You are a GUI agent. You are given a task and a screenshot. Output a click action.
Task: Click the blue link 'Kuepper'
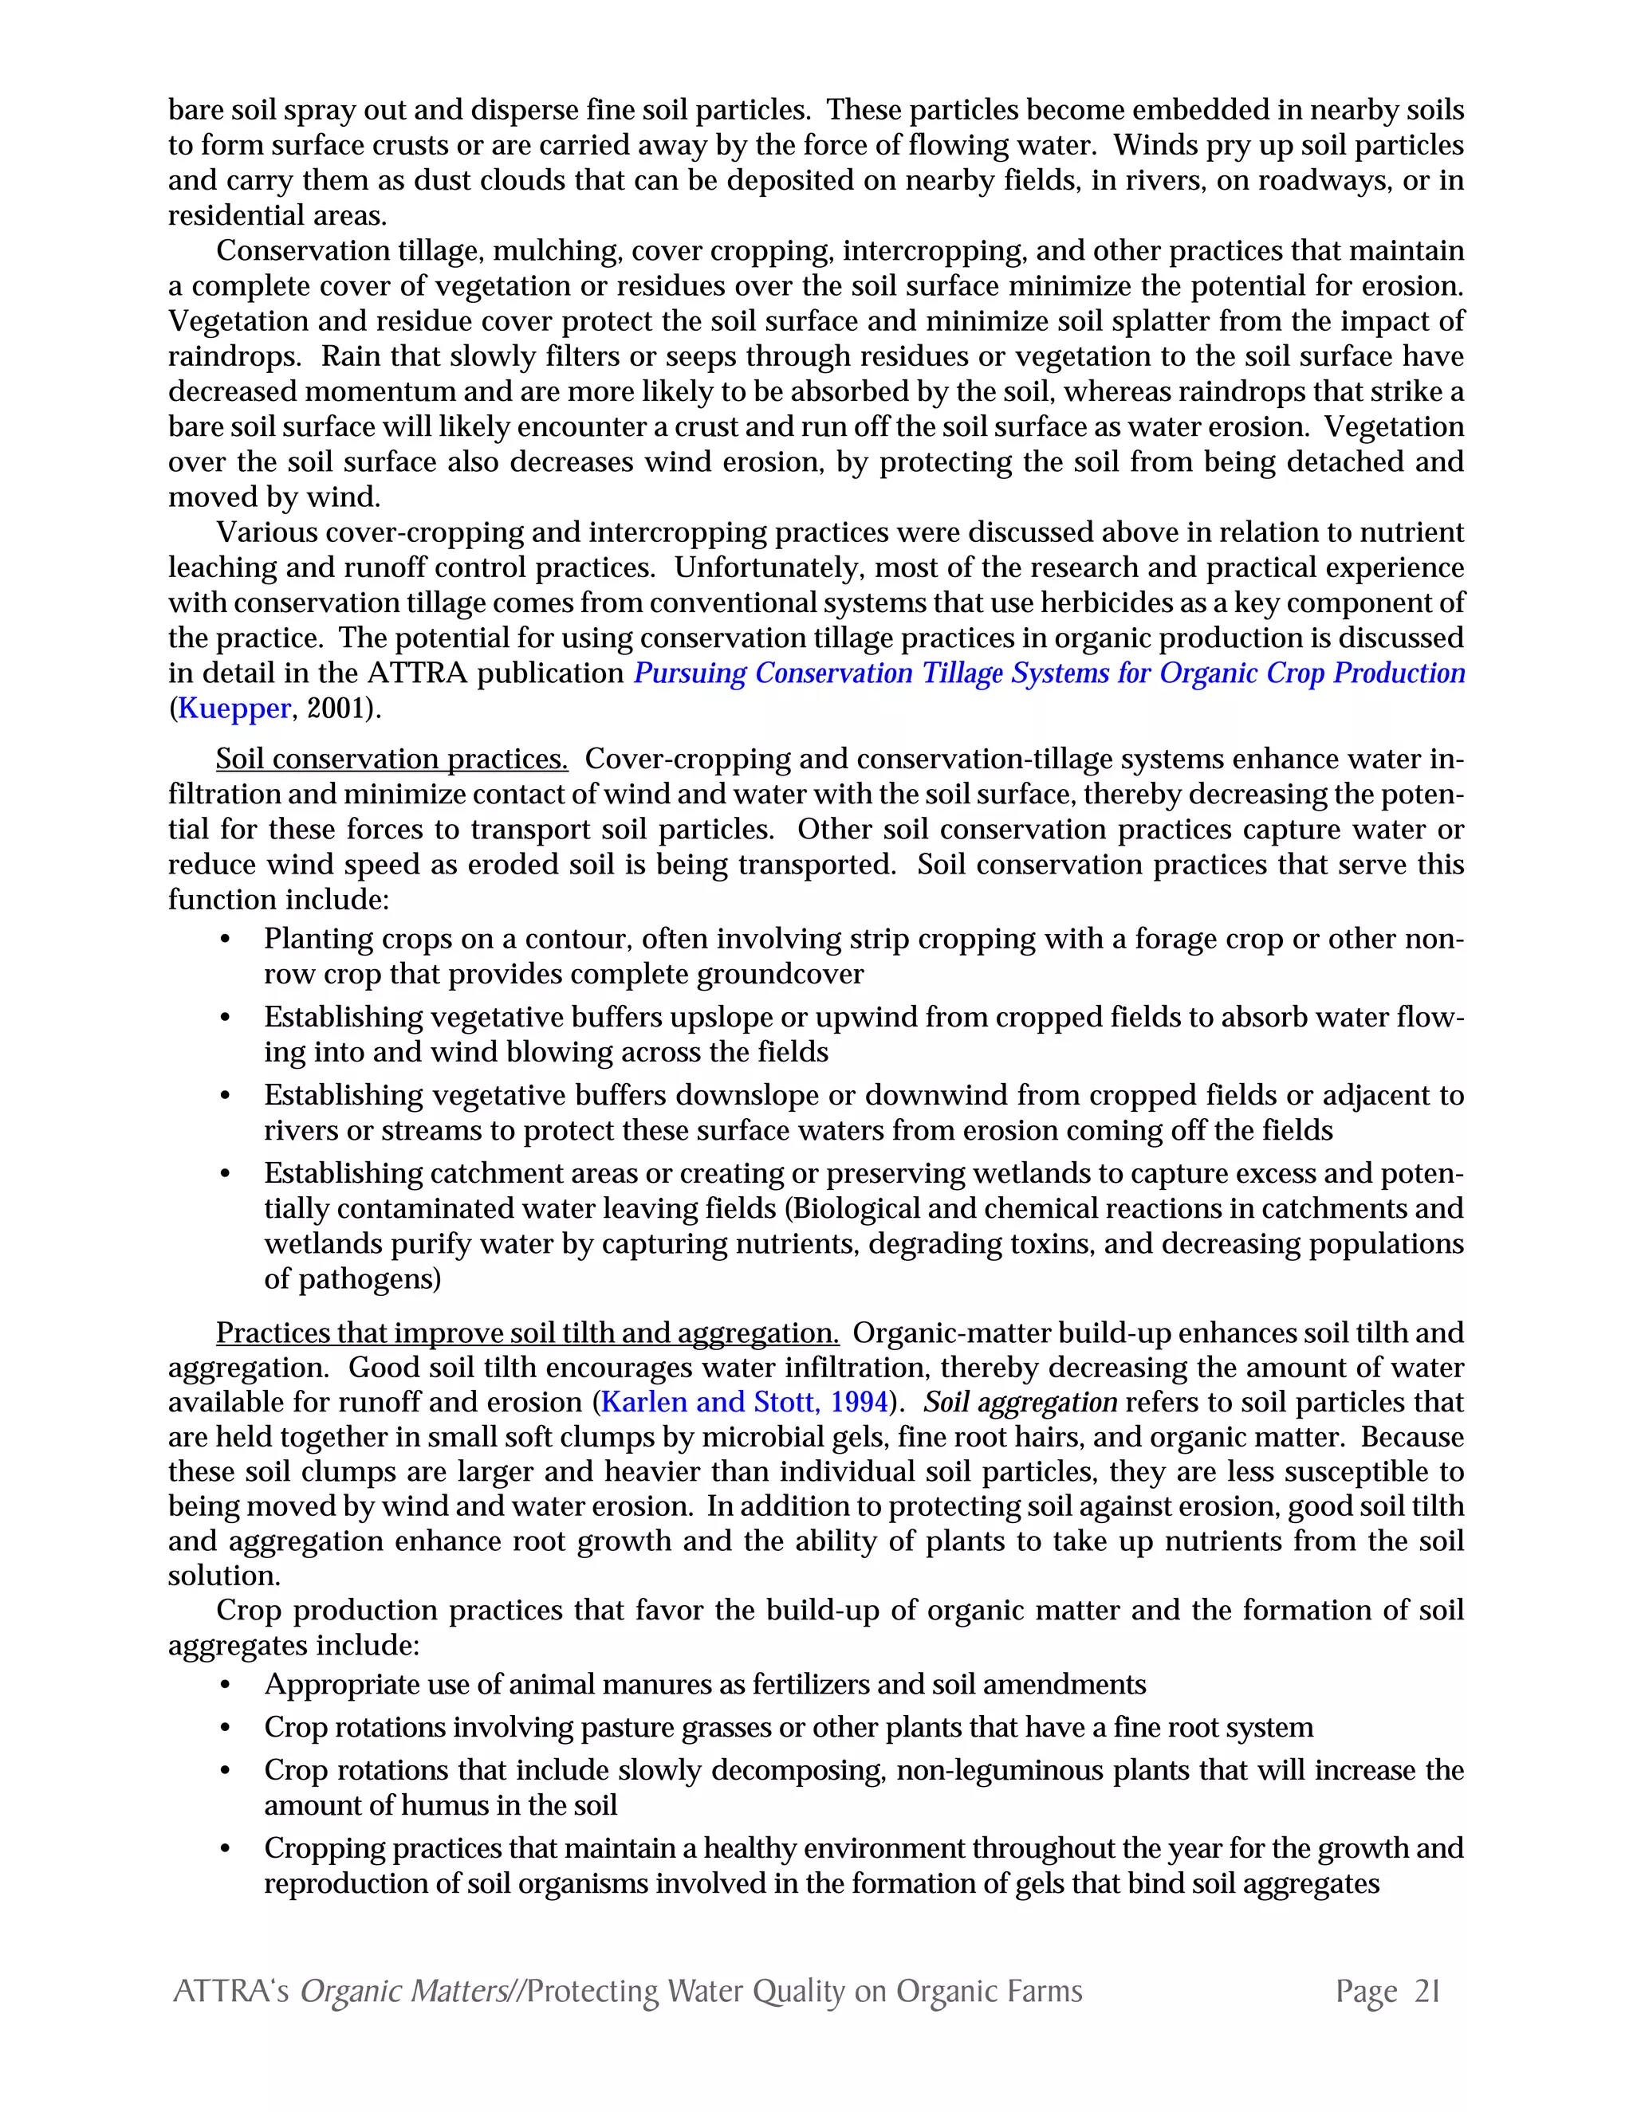tap(234, 709)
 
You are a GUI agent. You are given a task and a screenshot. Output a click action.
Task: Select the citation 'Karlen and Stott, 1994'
tap(744, 1402)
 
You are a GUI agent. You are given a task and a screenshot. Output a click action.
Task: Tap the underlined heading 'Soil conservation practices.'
tap(392, 759)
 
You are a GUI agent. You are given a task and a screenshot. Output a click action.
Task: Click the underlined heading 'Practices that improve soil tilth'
tap(527, 1333)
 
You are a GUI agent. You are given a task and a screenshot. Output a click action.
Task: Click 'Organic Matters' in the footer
tap(403, 1991)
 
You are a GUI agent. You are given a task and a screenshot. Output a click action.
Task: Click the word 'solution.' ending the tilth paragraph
tap(223, 1576)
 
